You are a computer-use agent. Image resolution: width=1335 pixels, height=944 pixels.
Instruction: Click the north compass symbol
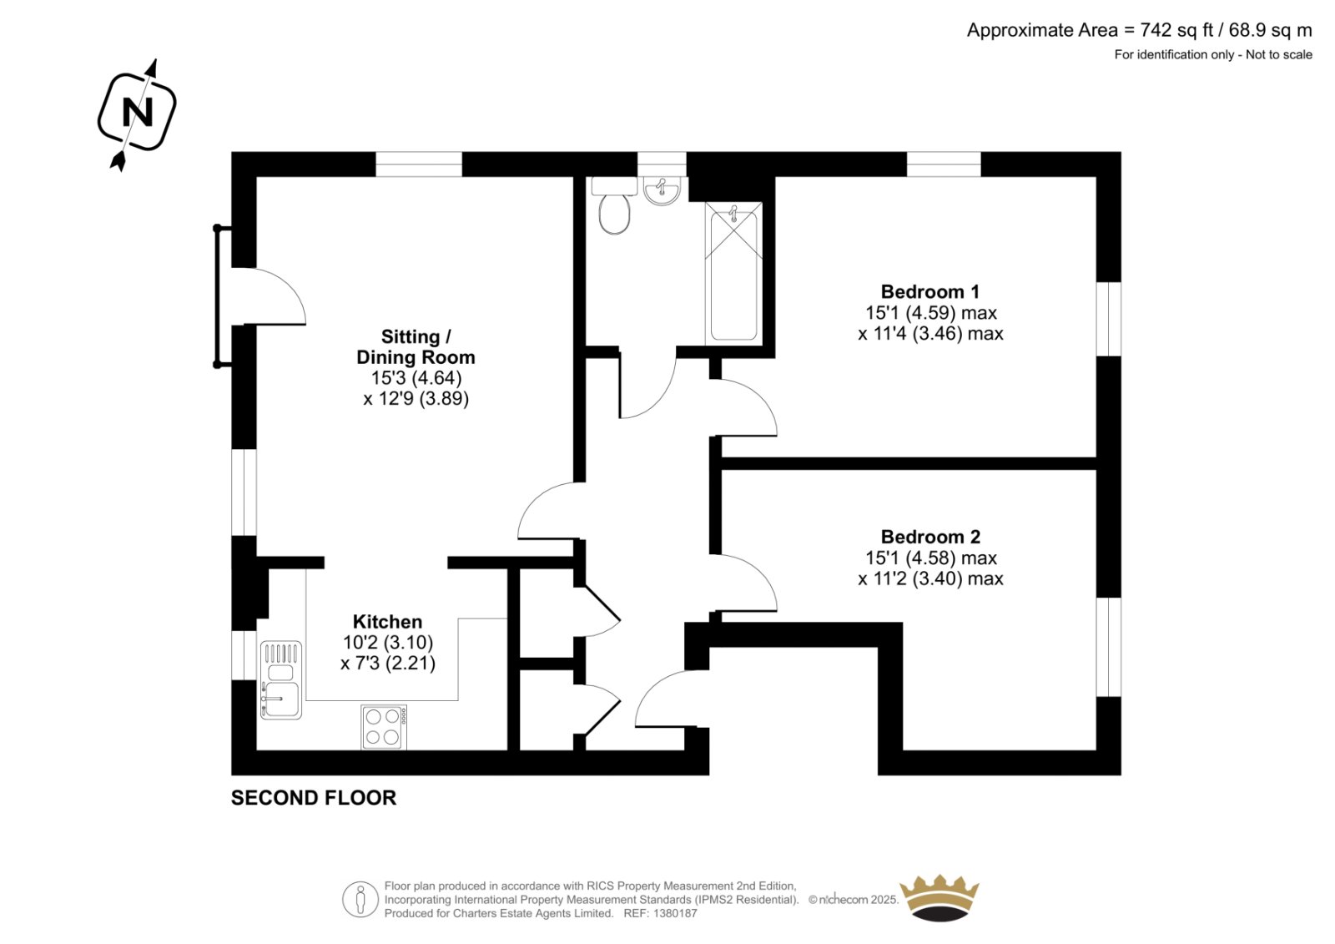137,113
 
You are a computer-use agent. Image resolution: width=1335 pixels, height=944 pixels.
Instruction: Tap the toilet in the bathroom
615,210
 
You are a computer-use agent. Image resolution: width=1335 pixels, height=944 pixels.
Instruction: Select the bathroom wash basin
662,192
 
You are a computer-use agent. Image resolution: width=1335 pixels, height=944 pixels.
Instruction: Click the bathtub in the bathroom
734,274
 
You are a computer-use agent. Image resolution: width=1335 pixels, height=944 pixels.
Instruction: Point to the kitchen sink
280,679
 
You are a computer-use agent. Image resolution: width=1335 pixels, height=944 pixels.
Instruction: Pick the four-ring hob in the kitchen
384,727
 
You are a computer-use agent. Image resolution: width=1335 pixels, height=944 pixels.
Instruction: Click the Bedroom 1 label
929,291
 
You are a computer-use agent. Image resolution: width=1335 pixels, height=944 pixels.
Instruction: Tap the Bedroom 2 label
930,537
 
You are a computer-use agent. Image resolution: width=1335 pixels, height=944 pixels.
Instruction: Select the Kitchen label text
387,622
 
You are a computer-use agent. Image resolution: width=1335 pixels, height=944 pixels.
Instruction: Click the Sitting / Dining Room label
416,347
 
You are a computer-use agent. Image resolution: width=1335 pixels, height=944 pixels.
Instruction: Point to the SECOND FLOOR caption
314,798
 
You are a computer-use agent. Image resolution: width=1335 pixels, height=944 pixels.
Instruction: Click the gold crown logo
940,897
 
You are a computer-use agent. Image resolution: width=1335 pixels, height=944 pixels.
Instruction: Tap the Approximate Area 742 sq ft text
1139,31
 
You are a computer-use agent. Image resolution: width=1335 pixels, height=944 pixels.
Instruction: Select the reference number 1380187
674,913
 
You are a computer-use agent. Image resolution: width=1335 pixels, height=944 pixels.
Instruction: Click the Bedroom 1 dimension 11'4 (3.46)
930,334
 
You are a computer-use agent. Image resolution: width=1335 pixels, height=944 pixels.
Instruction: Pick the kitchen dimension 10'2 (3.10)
388,643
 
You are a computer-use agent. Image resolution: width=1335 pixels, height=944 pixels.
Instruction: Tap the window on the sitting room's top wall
419,164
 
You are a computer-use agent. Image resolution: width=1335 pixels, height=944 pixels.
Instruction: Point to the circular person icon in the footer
360,900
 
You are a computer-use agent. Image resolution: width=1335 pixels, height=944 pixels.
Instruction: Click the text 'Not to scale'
1279,55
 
